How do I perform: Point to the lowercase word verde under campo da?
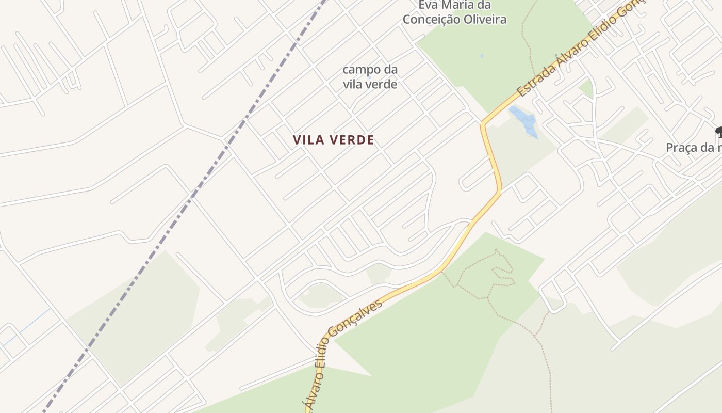(x=382, y=84)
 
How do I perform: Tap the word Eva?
(x=428, y=5)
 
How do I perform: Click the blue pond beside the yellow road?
(x=524, y=120)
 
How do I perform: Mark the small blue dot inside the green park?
(x=482, y=56)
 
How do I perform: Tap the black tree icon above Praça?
(x=718, y=132)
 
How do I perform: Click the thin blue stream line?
(x=26, y=325)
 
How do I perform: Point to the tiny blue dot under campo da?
(x=369, y=77)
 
